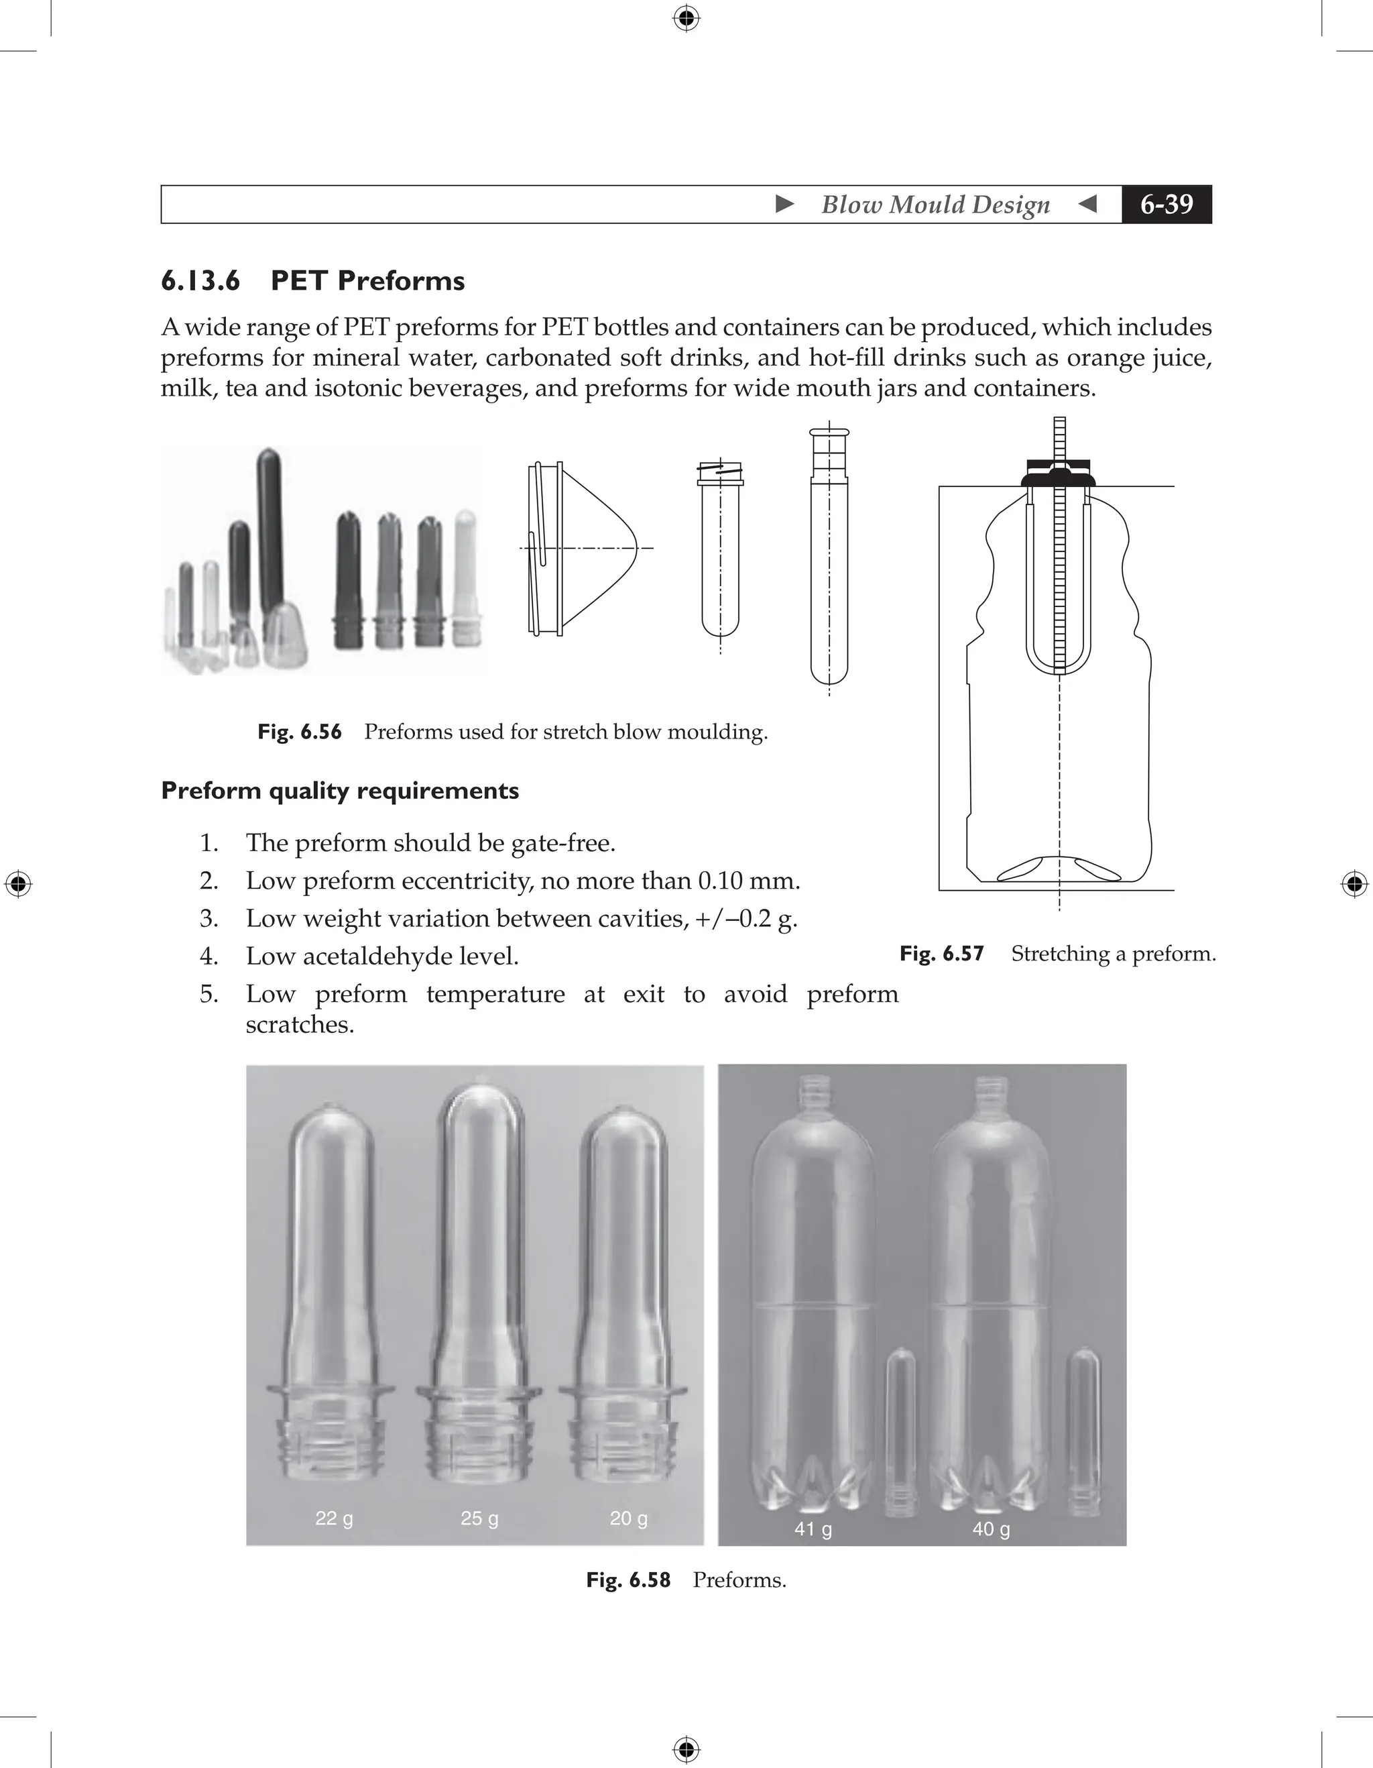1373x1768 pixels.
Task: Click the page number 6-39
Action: coord(1166,204)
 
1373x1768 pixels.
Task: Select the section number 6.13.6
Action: coord(200,281)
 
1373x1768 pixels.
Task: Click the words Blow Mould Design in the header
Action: coord(935,204)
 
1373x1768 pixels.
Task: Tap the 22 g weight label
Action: coord(334,1518)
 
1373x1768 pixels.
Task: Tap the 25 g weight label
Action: coord(479,1518)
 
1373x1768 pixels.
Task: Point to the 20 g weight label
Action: coord(628,1518)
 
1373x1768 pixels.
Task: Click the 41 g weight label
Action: coord(813,1529)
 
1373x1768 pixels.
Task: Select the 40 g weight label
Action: coord(991,1529)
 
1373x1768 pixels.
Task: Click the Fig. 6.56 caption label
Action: coord(300,732)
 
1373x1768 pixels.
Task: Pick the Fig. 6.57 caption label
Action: coord(942,954)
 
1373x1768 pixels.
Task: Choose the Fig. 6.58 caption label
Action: coord(628,1580)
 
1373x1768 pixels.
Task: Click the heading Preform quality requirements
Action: coord(340,790)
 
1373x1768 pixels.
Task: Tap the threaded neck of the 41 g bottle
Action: coord(813,1093)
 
